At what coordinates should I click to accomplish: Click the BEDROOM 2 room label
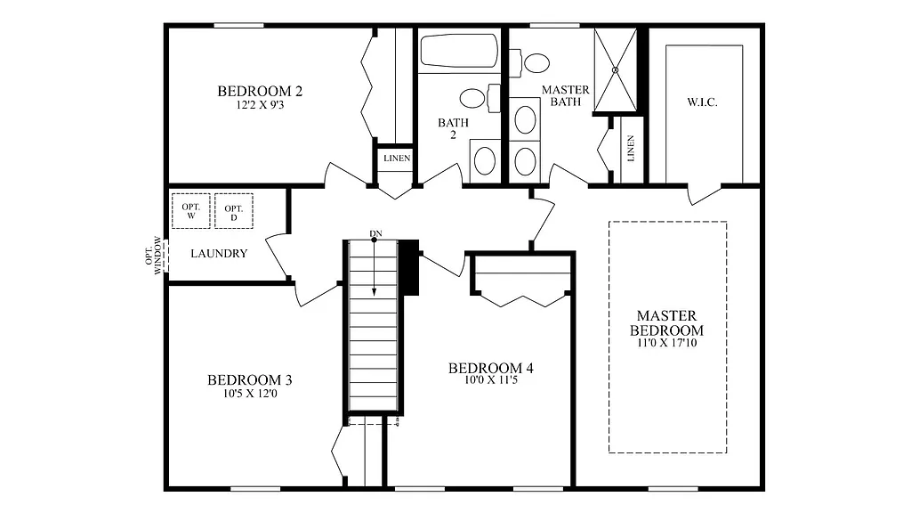260,91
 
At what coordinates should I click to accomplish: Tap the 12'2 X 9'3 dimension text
260,105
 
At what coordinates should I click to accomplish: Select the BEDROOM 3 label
249,380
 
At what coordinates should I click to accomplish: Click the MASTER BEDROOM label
667,322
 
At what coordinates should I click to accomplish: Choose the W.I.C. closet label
702,102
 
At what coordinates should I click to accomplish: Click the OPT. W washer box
189,210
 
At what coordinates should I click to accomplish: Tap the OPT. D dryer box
233,210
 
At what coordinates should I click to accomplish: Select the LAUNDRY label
219,253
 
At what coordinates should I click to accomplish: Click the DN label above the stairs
375,234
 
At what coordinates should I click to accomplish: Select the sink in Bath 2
485,160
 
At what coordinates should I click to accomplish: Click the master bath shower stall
616,69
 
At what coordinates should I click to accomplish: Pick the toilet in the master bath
534,62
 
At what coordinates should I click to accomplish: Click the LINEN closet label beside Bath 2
397,159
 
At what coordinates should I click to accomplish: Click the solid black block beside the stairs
409,267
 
